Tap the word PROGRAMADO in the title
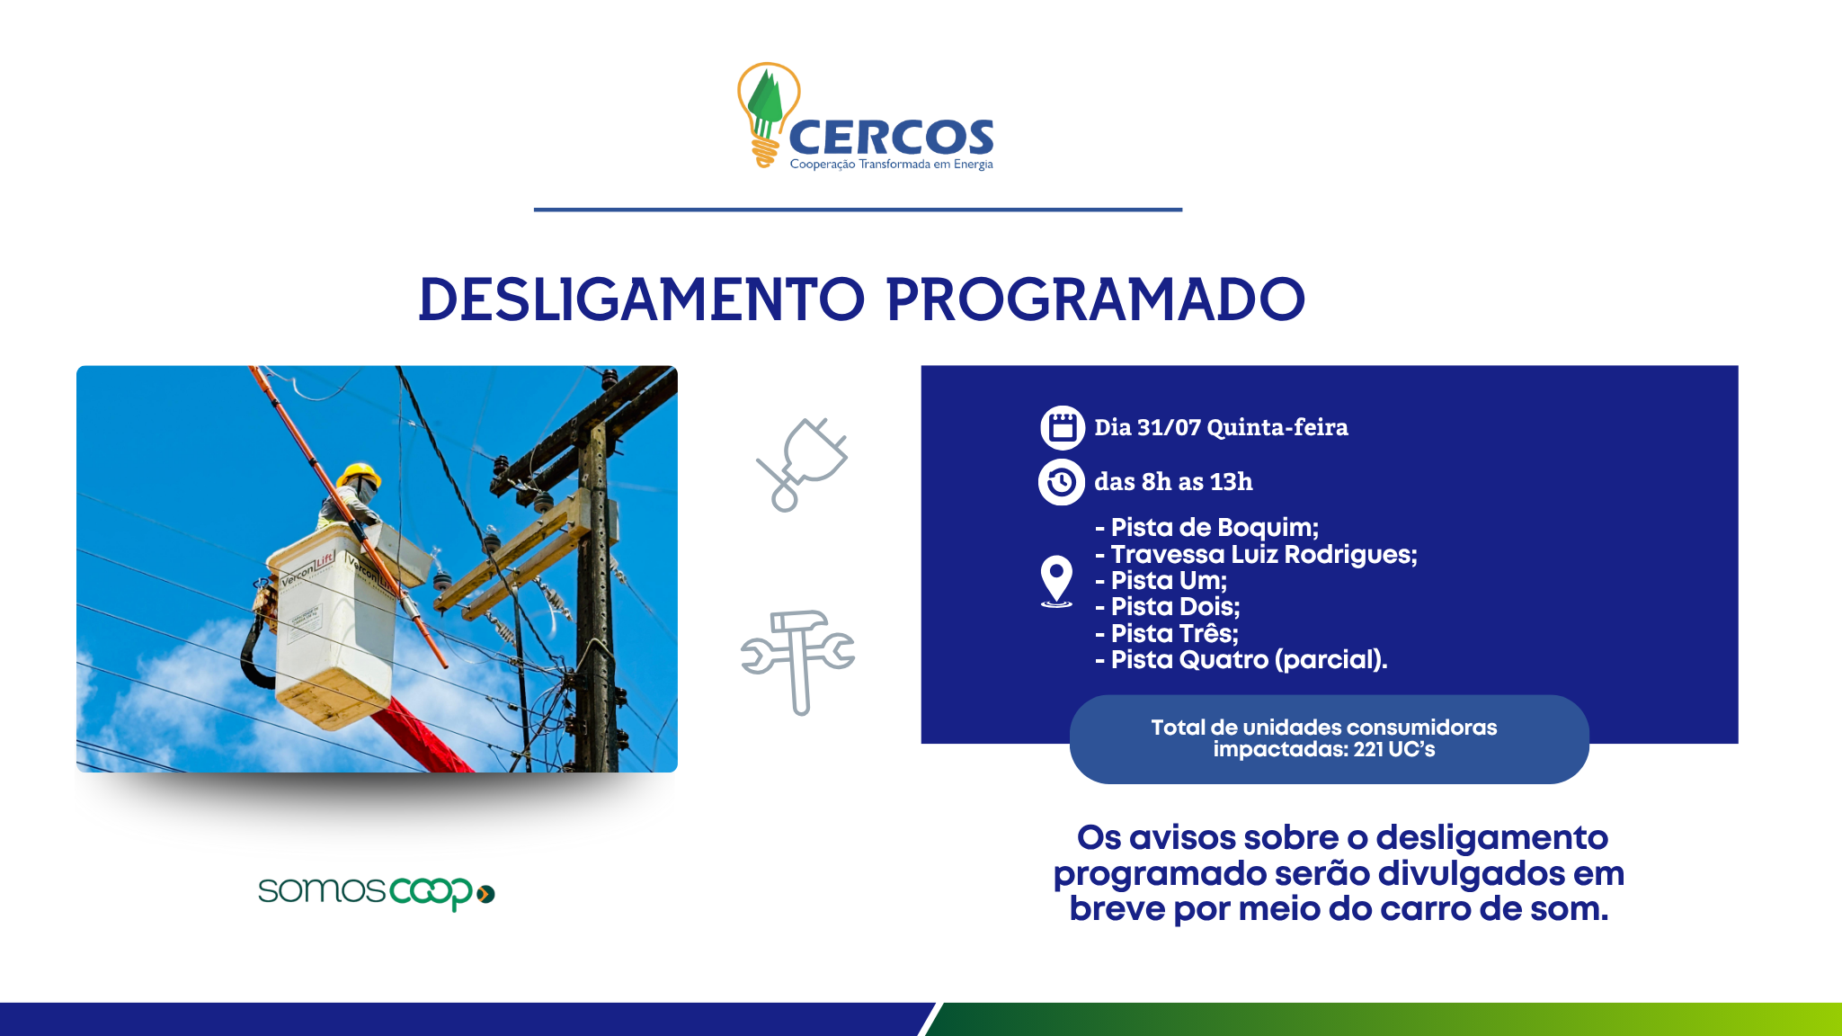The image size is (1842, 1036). coord(1095,299)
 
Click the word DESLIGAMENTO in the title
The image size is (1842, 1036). coord(641,299)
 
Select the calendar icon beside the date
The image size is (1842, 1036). coord(1063,427)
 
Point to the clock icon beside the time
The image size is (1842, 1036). coord(1062,482)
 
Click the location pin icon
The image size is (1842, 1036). coord(1056,581)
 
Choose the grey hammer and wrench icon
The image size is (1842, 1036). coord(797,662)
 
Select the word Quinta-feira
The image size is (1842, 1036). coord(1277,427)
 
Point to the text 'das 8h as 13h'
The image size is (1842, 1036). coord(1173,482)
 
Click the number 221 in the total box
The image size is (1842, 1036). coord(1368,749)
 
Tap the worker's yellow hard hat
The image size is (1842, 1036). coord(359,474)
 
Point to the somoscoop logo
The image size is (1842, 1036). coord(377,892)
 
